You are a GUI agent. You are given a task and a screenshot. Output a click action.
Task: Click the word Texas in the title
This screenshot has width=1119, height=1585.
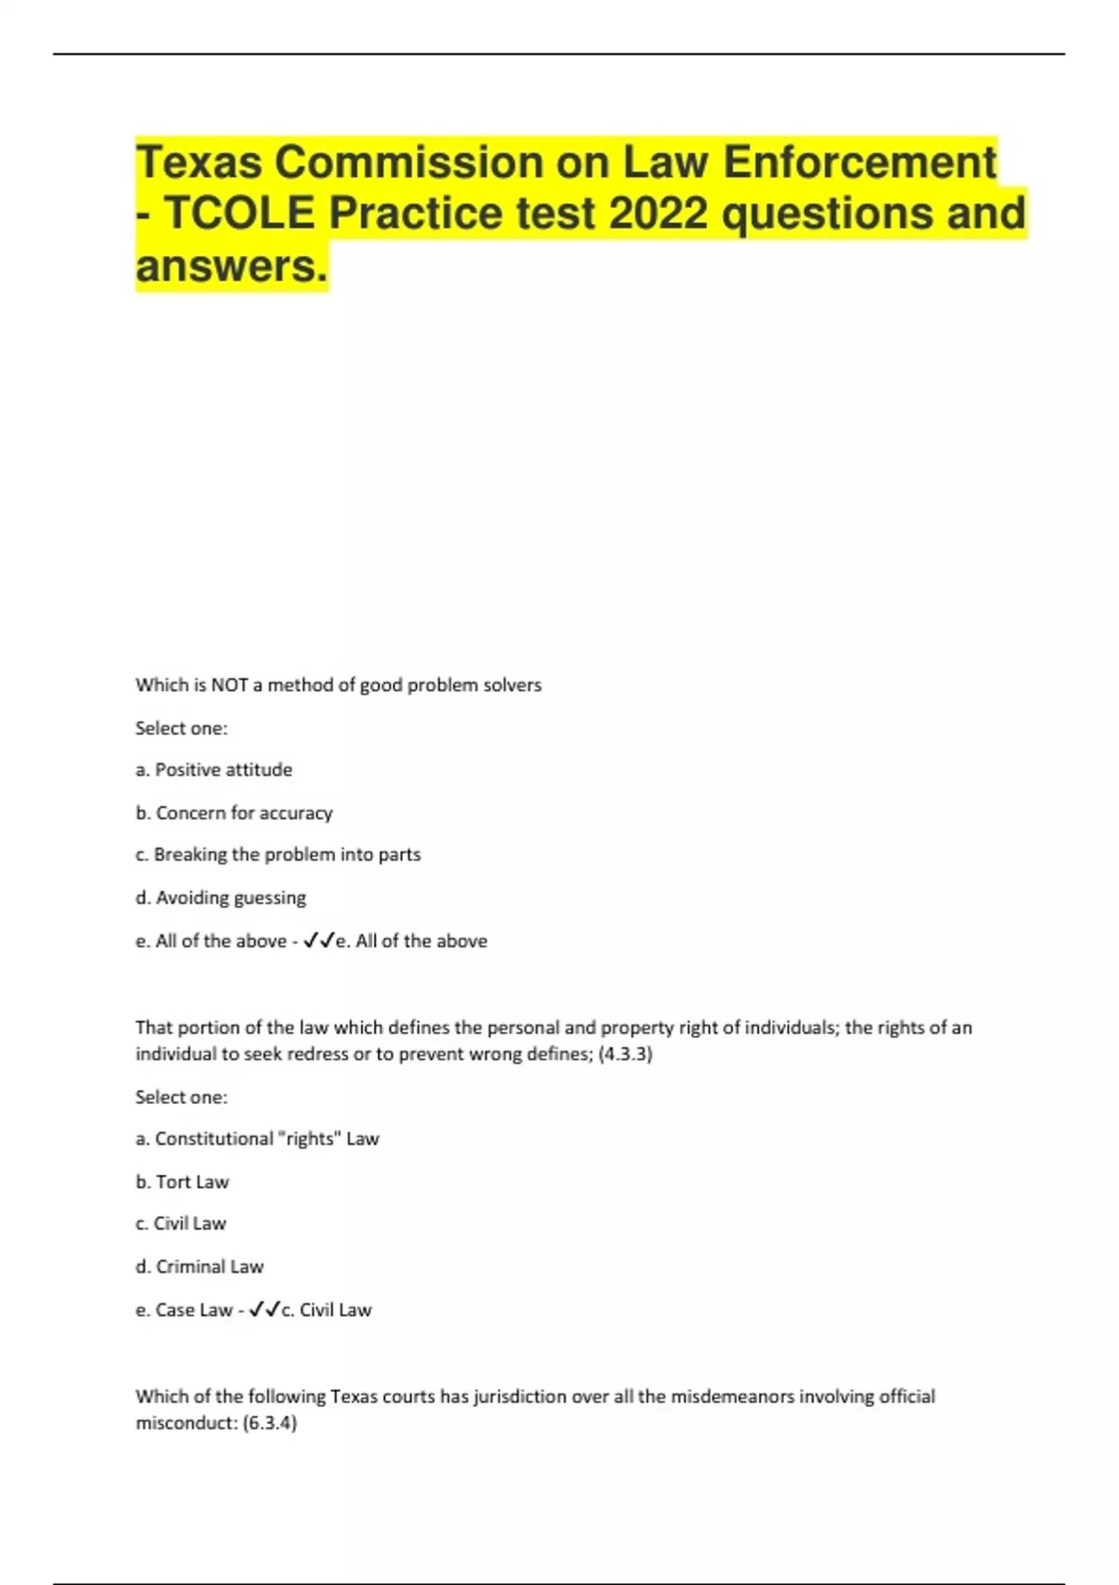tap(198, 162)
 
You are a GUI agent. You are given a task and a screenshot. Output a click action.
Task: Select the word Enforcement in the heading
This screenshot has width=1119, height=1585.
tap(860, 162)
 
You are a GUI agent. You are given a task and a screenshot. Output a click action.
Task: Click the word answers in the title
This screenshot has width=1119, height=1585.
tap(231, 266)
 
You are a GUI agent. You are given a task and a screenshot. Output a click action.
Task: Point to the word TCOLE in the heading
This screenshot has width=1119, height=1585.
tap(240, 214)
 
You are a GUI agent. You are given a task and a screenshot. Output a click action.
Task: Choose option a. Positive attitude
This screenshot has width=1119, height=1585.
tap(214, 770)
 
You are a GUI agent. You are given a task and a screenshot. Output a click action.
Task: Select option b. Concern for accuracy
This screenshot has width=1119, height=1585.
tap(234, 813)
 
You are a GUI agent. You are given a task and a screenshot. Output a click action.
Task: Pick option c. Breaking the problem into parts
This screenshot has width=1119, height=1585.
tap(278, 855)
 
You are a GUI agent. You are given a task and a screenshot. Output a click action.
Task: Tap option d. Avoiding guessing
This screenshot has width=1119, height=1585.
tap(221, 898)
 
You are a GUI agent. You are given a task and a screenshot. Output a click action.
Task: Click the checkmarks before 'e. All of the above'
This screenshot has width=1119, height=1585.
tap(319, 942)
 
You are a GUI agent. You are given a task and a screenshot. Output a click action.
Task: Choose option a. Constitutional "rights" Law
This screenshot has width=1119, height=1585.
tap(257, 1139)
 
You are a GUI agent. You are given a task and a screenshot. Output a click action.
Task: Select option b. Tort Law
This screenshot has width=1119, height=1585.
tap(182, 1182)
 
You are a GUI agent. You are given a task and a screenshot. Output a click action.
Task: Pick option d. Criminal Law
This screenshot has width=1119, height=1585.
tap(200, 1267)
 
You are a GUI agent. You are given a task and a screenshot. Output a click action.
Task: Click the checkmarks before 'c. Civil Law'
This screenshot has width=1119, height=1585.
tap(265, 1311)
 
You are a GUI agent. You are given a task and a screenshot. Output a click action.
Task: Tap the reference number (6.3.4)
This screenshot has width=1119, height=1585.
tap(269, 1424)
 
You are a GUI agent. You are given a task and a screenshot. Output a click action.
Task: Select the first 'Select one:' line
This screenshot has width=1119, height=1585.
tap(182, 728)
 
